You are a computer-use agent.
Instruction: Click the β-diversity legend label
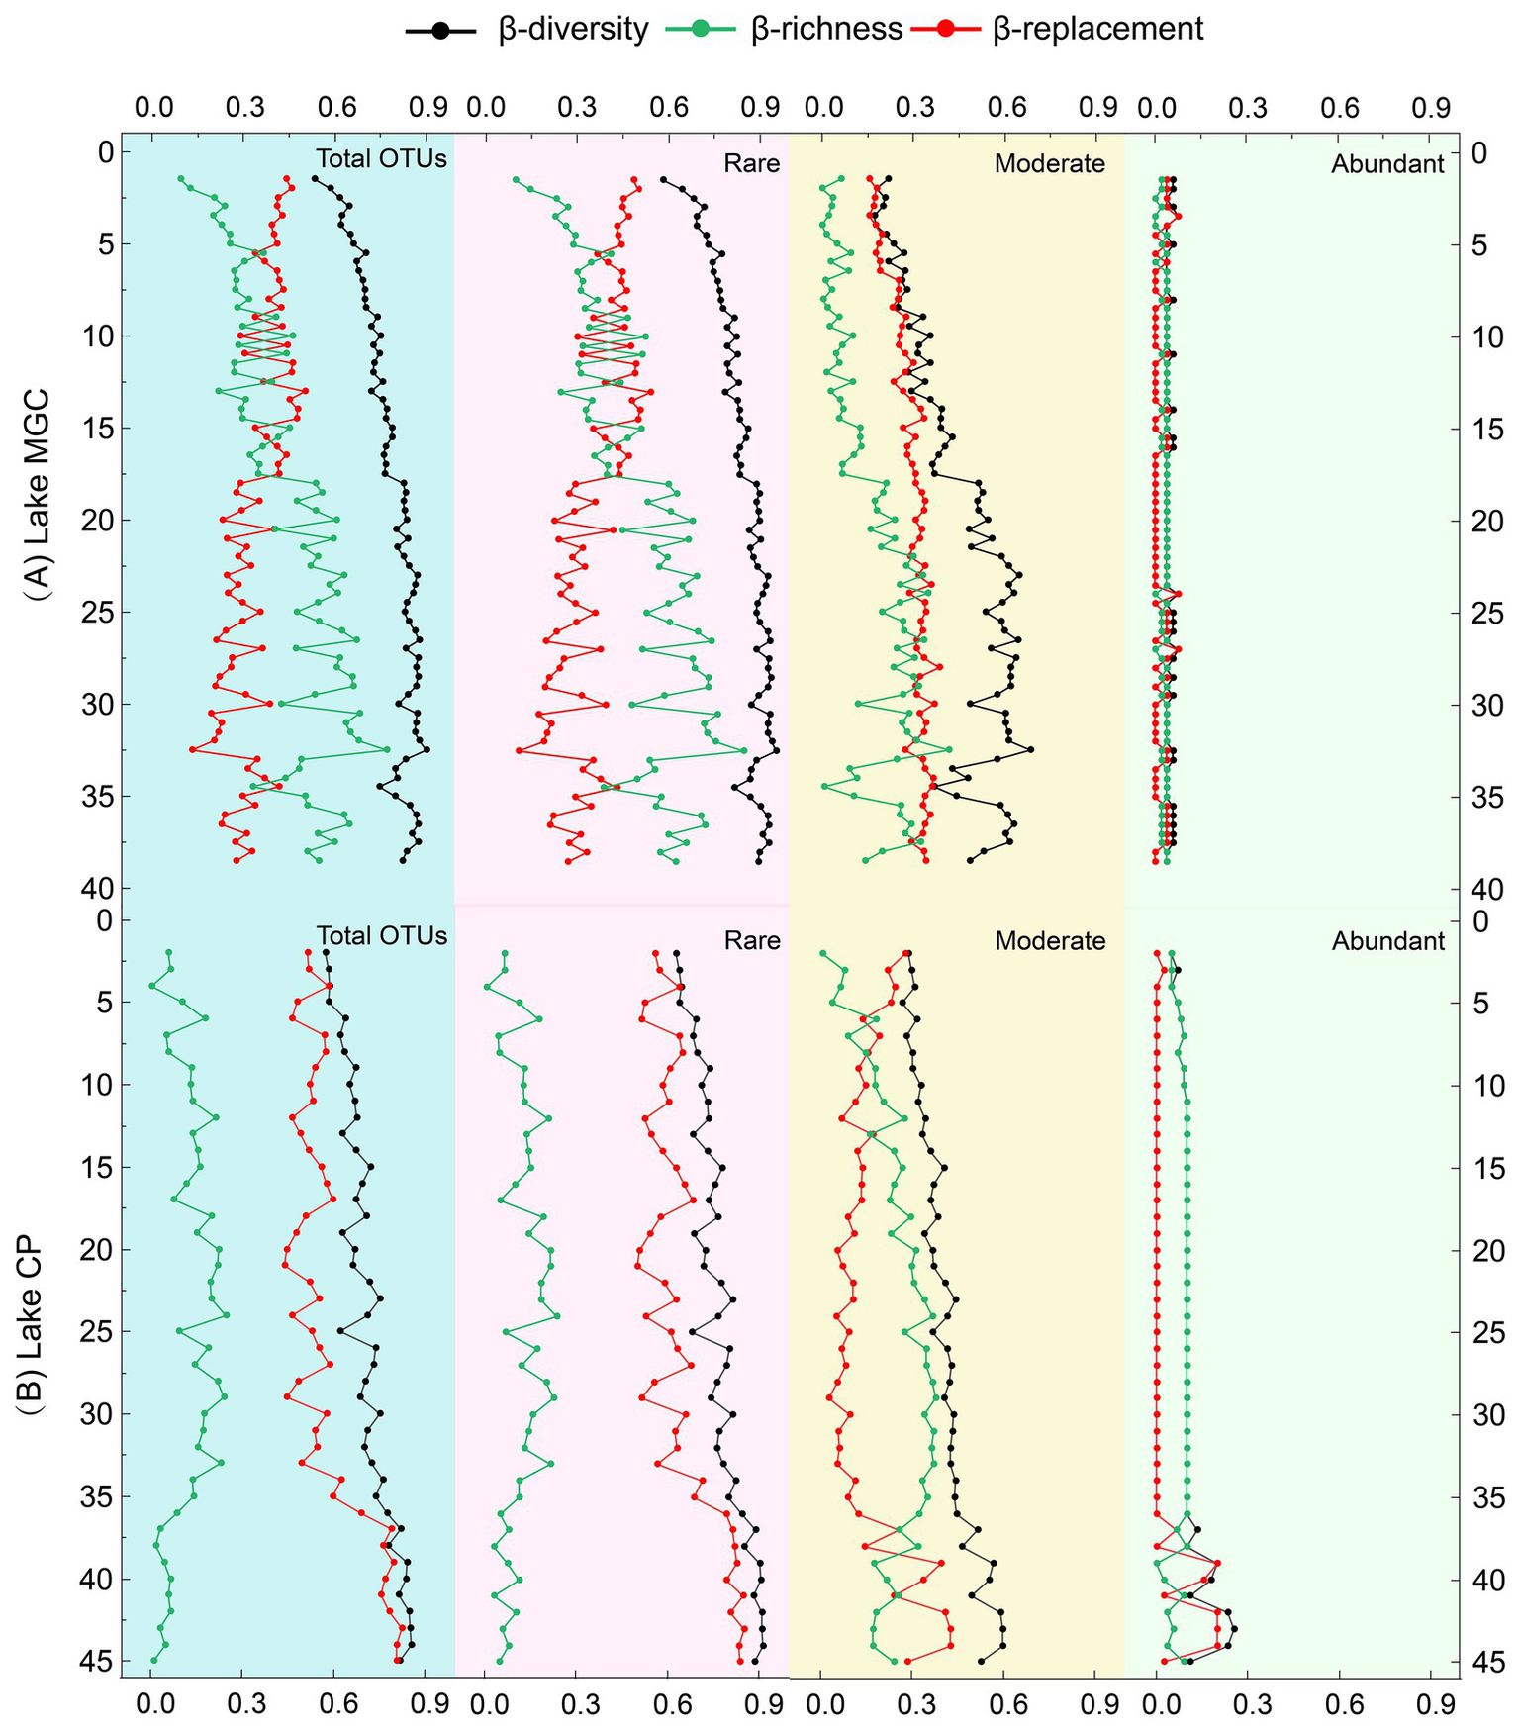pyautogui.click(x=573, y=29)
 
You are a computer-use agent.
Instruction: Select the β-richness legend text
pyautogui.click(x=826, y=29)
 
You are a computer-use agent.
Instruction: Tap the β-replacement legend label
pyautogui.click(x=1097, y=29)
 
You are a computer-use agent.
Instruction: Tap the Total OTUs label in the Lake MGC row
pyautogui.click(x=381, y=159)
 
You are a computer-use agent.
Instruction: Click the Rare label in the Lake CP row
pyautogui.click(x=752, y=940)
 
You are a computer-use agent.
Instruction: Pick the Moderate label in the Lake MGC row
pyautogui.click(x=1049, y=163)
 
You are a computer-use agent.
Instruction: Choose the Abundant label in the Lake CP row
pyautogui.click(x=1387, y=940)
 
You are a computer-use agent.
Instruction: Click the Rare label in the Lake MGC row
pyautogui.click(x=752, y=163)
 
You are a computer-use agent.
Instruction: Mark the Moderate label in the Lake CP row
pyautogui.click(x=1049, y=940)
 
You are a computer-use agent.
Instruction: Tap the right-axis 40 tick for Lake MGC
pyautogui.click(x=1486, y=889)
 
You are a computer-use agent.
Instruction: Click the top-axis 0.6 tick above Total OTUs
pyautogui.click(x=334, y=107)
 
